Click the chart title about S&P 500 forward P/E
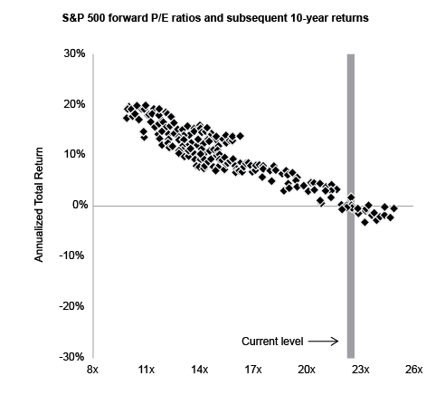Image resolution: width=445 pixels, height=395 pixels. coord(222,17)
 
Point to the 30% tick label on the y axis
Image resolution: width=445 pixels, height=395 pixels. coord(74,53)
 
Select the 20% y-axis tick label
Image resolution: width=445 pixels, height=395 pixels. coord(74,104)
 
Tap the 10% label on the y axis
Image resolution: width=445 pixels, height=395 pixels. coord(74,155)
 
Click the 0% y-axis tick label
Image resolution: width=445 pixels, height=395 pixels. coord(78,206)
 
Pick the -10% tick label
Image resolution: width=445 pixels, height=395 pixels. coord(72,255)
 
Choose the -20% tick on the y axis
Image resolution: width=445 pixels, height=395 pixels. coord(72,306)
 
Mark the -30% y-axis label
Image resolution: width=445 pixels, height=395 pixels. coord(72,357)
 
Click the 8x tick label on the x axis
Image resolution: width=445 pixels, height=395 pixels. coord(92,371)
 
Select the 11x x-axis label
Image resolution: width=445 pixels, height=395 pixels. coord(146,371)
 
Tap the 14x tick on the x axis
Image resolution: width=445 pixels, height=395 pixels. coord(199,371)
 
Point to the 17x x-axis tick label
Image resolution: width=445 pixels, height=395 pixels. coord(253,371)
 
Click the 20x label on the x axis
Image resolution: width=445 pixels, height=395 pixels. coord(307,371)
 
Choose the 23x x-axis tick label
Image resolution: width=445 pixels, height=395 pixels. coord(360,371)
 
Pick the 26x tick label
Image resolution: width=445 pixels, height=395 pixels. coord(414,371)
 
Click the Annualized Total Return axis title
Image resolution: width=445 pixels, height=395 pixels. coord(40,206)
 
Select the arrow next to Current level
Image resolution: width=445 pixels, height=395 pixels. coord(323,342)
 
